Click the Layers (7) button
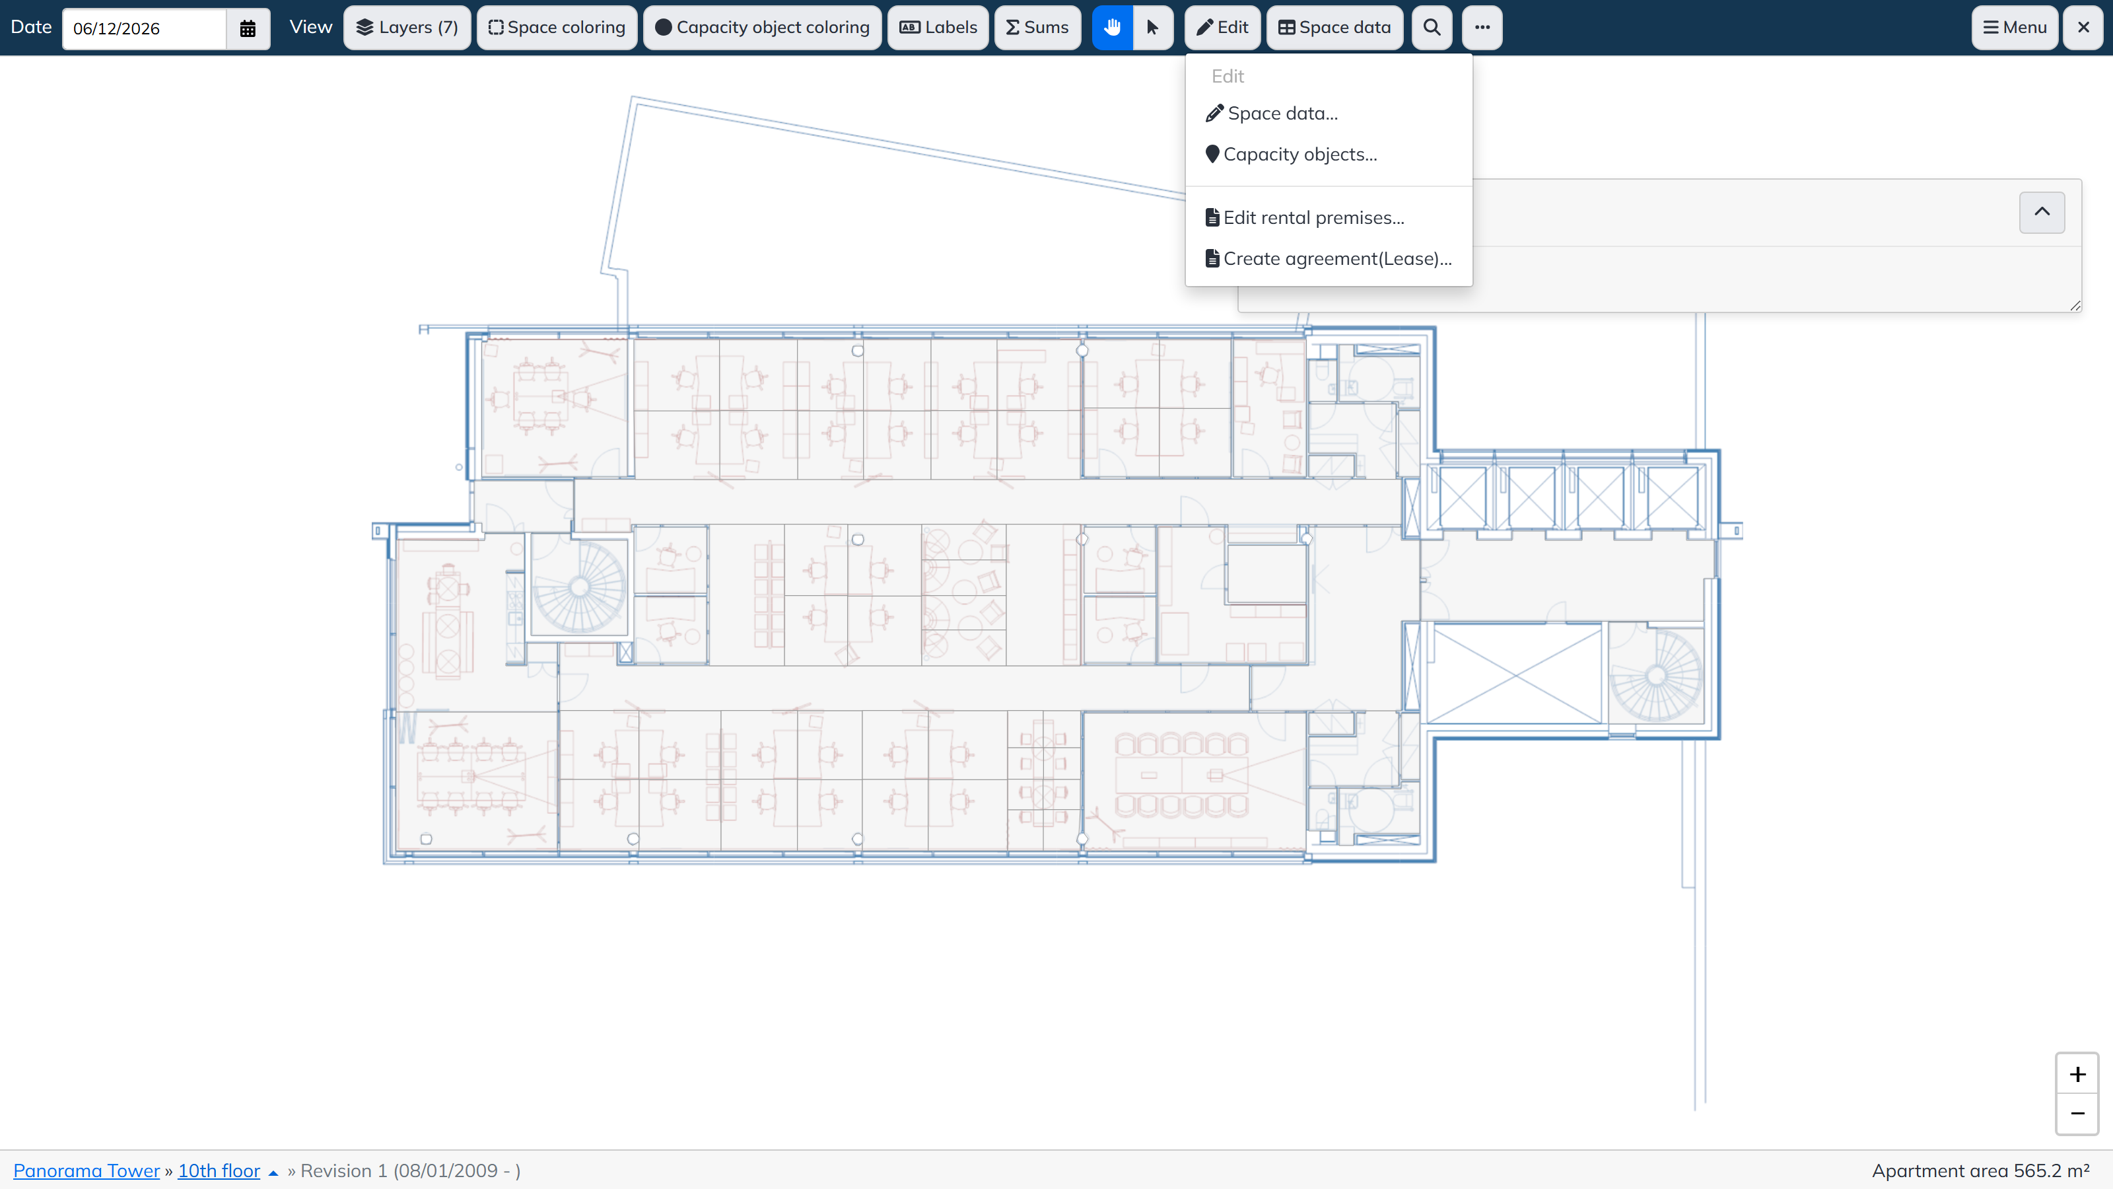click(x=407, y=28)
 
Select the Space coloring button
click(x=557, y=28)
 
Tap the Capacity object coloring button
click(x=762, y=28)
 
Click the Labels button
click(x=938, y=28)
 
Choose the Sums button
click(x=1037, y=28)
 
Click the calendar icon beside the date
click(x=248, y=28)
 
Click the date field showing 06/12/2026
click(x=145, y=28)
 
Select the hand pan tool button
click(x=1112, y=28)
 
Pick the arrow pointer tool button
click(x=1152, y=28)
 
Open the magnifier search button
click(x=1432, y=28)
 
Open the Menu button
click(x=2015, y=28)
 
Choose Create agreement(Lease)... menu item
click(x=1329, y=258)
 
